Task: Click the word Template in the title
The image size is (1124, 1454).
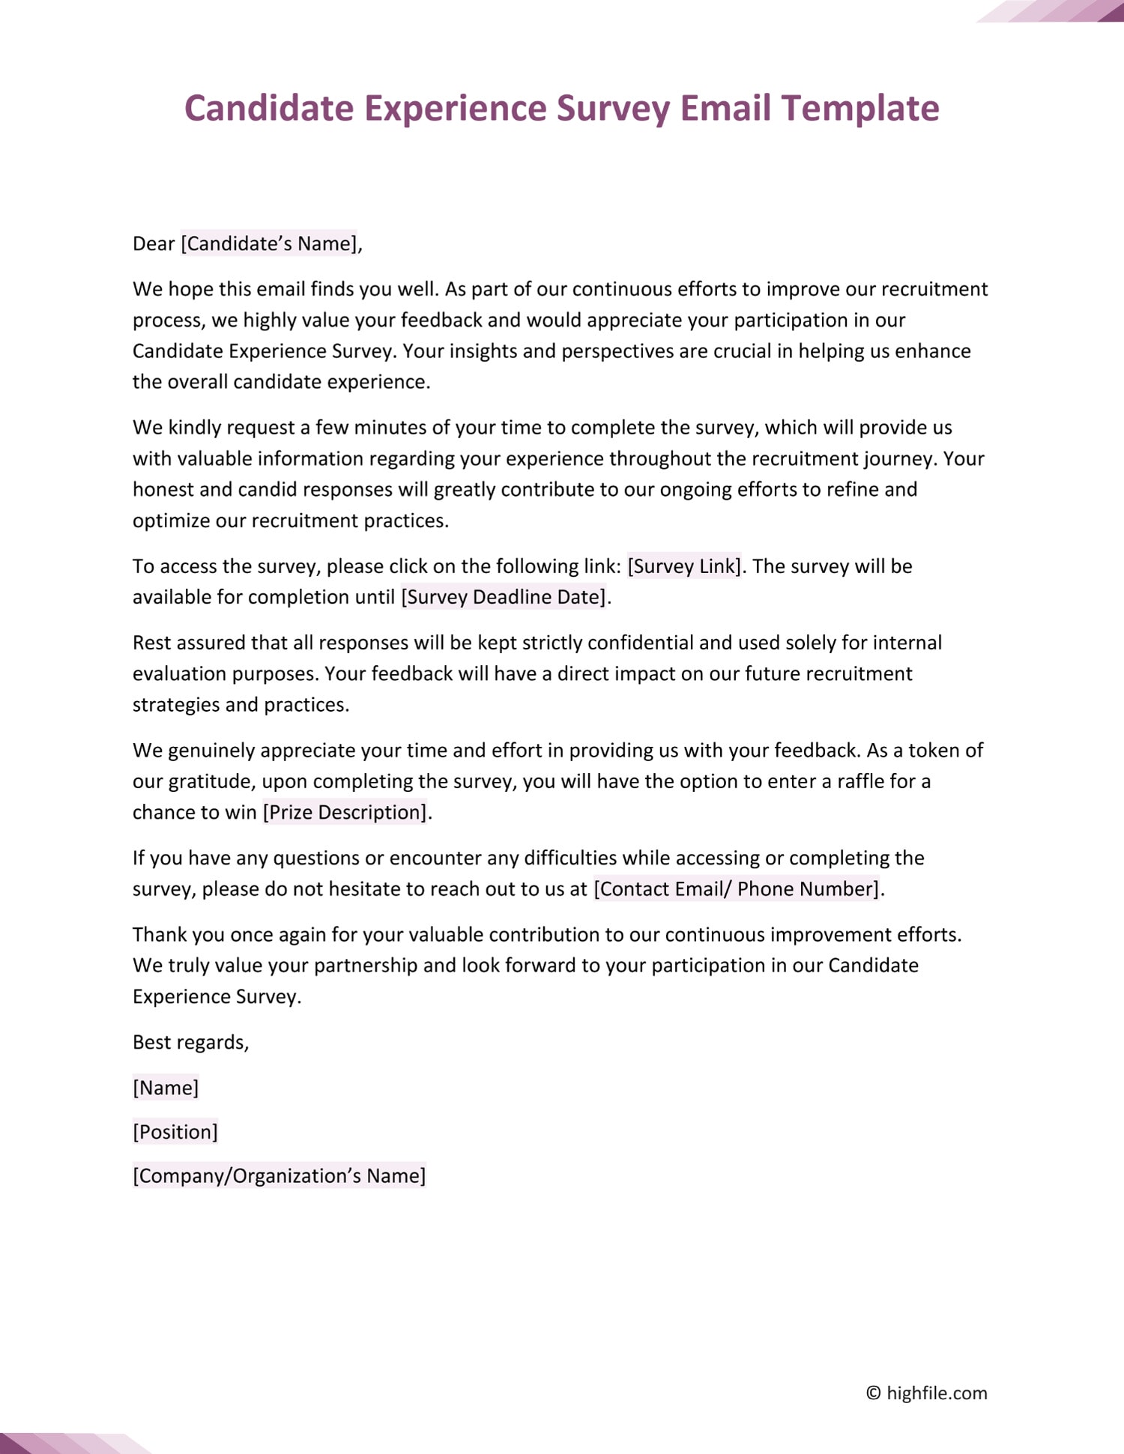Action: coord(860,109)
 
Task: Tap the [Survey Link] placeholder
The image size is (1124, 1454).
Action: coord(684,566)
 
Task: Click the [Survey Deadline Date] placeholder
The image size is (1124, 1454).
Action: coord(504,597)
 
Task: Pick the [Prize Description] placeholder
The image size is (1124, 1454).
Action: coord(345,813)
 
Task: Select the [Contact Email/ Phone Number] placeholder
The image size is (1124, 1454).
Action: coord(737,889)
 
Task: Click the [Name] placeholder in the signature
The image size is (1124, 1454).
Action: coord(166,1088)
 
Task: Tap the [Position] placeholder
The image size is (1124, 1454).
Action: coord(175,1132)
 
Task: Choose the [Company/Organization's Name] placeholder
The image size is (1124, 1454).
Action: coord(279,1176)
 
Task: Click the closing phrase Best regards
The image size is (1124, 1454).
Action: coord(190,1043)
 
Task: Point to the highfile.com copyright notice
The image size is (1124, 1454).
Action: coord(927,1393)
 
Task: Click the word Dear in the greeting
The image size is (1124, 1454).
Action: coord(154,244)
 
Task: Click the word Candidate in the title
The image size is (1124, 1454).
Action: coord(269,109)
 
